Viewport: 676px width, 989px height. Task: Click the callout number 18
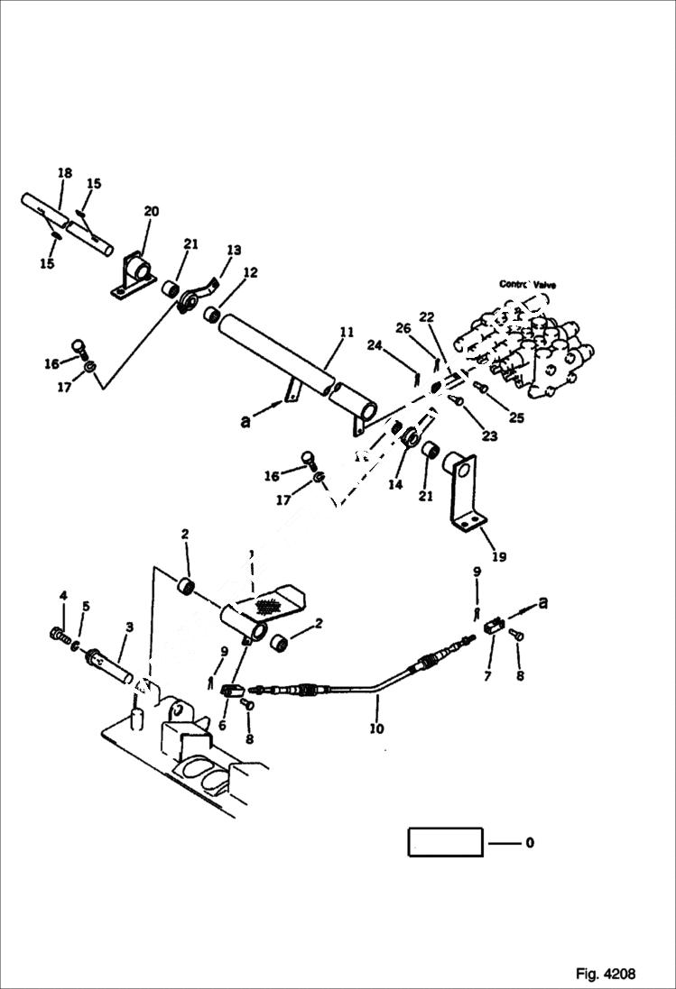tap(64, 172)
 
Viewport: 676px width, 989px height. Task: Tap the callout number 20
tap(151, 211)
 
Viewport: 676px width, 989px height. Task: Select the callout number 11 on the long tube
tap(346, 333)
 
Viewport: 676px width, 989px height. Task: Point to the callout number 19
tap(497, 557)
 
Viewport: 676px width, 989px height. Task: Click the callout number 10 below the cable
tap(375, 727)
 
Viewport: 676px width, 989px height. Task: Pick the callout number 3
tap(130, 626)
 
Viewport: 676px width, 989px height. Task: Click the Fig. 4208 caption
tap(605, 974)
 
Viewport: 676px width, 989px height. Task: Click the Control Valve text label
tap(527, 284)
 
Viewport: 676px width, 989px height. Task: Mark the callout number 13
tap(234, 250)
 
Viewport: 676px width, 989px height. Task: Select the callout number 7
tap(488, 674)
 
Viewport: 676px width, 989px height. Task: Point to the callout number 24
tap(374, 344)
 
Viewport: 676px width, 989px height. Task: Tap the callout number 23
tap(488, 436)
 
